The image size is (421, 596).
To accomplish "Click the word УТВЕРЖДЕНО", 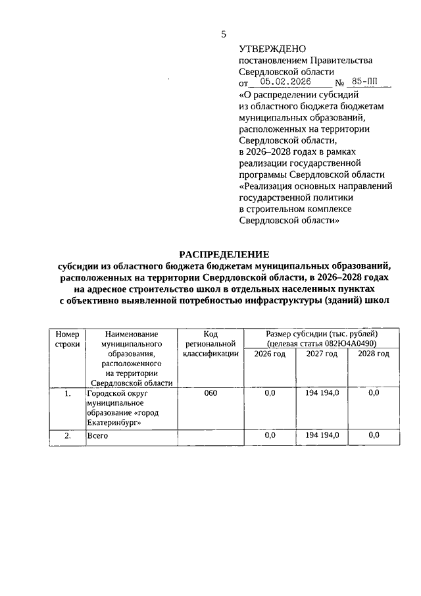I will tap(272, 49).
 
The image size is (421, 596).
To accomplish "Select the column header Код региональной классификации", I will tap(210, 344).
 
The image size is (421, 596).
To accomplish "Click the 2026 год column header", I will tap(269, 354).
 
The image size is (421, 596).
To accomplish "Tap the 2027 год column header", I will tap(322, 354).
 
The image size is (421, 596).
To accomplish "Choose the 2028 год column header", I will tap(373, 354).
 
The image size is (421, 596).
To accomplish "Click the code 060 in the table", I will tap(210, 393).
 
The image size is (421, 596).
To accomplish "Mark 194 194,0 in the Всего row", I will tap(322, 435).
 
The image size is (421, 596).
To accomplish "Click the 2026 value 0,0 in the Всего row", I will tap(269, 435).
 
